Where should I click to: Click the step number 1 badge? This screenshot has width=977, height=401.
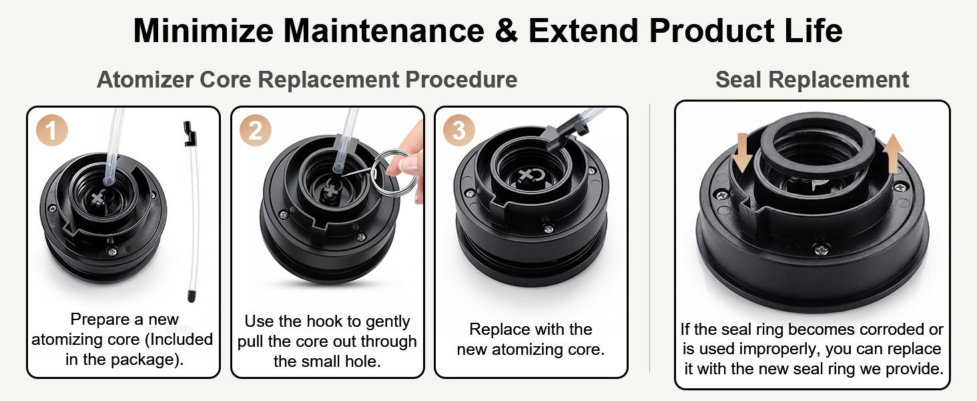click(52, 130)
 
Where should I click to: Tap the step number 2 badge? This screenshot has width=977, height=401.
click(256, 130)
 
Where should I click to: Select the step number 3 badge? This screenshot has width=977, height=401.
click(459, 130)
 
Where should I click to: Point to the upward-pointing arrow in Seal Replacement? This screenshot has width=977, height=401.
click(893, 153)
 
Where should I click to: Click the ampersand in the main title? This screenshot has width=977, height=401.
click(507, 31)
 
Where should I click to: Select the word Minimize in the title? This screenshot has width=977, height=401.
click(204, 31)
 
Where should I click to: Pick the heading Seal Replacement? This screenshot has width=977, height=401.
click(812, 80)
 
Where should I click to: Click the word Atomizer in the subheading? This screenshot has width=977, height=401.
click(145, 80)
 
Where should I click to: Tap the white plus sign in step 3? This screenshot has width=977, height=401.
click(526, 176)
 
